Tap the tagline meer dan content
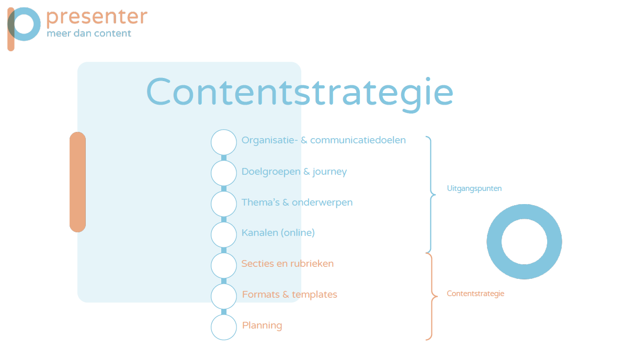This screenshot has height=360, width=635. point(89,33)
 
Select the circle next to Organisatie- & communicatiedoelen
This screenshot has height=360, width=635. point(224,142)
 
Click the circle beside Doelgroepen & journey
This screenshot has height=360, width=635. point(224,173)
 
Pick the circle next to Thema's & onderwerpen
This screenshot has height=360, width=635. point(224,204)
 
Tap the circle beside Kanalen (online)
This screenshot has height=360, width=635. point(224,234)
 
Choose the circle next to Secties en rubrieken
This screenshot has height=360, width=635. point(224,265)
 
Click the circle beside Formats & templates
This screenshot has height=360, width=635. point(224,296)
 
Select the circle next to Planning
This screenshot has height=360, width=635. point(224,327)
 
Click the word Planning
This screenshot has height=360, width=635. point(262,325)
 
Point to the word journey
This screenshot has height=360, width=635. point(330,172)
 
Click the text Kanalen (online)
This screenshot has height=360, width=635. point(278,233)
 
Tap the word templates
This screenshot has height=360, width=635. point(315,295)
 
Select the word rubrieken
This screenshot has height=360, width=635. point(312,264)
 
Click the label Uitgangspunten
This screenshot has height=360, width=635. point(474,189)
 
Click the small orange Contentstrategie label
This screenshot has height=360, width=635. point(475,294)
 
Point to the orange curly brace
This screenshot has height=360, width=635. point(432,297)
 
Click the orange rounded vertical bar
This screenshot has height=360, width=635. point(77,182)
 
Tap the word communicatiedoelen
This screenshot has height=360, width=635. point(358,140)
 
